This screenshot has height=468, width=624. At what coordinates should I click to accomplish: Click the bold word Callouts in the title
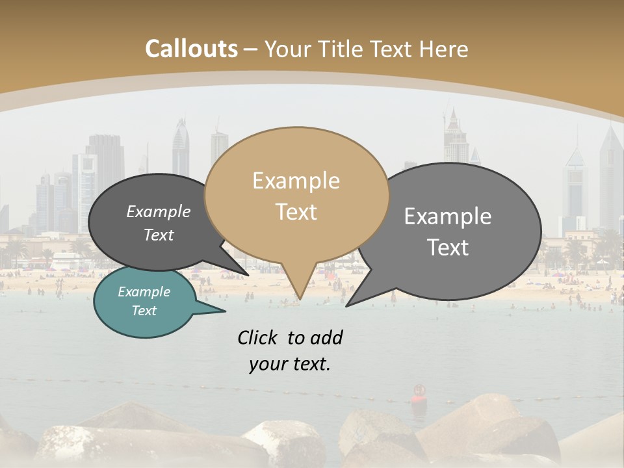click(191, 49)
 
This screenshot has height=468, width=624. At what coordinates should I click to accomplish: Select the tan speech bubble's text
click(296, 196)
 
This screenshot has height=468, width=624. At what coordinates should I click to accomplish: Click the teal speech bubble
click(144, 302)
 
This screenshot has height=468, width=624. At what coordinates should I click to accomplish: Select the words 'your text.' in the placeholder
click(290, 364)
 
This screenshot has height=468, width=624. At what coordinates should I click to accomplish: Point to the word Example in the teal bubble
click(144, 292)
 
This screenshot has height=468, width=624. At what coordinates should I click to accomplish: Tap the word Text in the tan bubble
click(296, 212)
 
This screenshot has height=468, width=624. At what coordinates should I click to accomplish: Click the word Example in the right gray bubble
click(448, 216)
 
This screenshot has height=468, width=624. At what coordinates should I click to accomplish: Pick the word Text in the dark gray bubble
click(159, 235)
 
